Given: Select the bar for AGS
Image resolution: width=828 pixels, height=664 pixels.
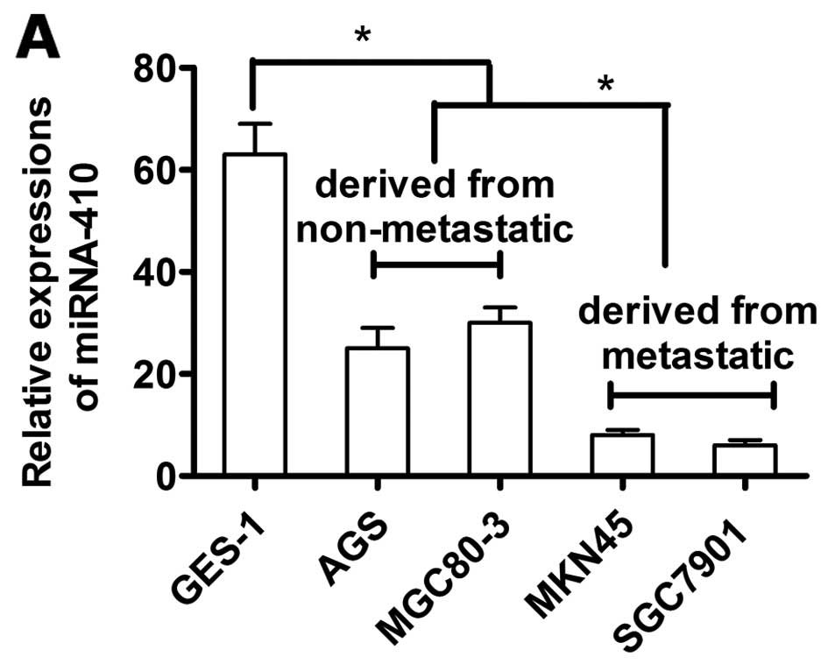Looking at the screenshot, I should click(377, 412).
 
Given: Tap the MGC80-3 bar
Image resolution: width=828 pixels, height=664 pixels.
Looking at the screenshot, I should click(499, 399).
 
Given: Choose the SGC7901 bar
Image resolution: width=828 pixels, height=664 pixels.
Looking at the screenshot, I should click(744, 460).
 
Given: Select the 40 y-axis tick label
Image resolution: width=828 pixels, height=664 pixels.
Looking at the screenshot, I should click(158, 272).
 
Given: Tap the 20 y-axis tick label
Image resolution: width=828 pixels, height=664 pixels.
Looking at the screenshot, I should click(158, 374).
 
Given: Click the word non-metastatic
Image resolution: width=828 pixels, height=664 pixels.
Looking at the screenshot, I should click(435, 230).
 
